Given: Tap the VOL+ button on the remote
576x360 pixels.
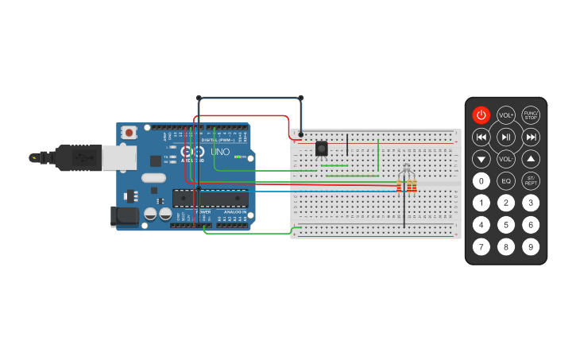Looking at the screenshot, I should (x=506, y=115).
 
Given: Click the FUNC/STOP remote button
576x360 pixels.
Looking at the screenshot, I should (x=531, y=115).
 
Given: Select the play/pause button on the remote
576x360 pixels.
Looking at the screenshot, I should (x=506, y=137).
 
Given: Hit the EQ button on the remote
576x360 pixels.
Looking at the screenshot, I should (x=506, y=180).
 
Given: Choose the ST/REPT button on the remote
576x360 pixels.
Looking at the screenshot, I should (x=531, y=180).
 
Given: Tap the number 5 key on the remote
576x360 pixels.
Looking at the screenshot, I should (x=506, y=225).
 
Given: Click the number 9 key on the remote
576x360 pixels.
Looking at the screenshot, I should (x=531, y=246).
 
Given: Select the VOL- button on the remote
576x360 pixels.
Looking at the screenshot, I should (x=506, y=159).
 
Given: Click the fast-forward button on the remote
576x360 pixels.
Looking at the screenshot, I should (x=531, y=137).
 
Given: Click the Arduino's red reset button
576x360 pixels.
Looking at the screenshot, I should (x=128, y=134).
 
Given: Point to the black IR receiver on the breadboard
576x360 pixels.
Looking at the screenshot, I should (x=321, y=149).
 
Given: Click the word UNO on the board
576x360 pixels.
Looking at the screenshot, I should (x=220, y=151).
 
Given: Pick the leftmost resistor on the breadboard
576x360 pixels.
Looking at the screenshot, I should (x=398, y=186).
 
